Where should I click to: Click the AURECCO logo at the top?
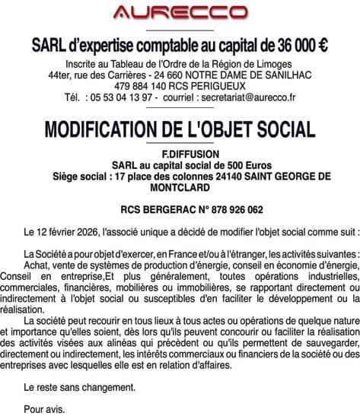click(180, 12)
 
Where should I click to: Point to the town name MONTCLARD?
click(180, 187)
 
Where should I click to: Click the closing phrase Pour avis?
click(45, 408)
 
